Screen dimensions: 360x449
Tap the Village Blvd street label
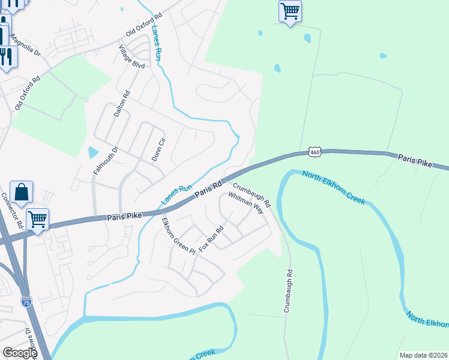131,56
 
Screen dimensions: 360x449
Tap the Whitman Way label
246,203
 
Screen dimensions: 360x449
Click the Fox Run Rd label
211,238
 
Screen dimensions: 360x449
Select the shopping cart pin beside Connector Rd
37,219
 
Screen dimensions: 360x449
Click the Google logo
19,353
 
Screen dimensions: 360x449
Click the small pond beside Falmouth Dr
92,152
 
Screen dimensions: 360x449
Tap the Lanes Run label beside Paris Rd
175,194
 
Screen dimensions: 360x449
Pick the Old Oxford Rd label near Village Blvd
144,23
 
